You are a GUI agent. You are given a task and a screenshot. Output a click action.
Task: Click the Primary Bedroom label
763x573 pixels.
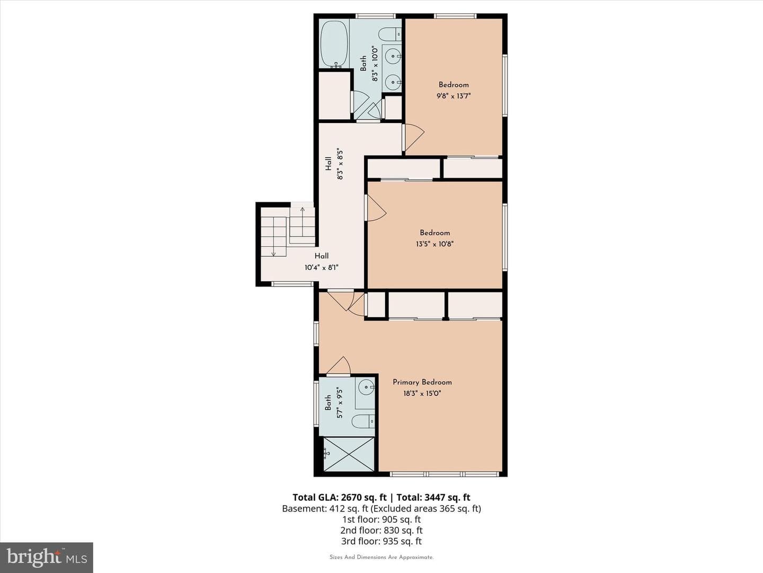[x=422, y=383]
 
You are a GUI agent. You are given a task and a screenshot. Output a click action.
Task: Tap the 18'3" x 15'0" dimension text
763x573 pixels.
[x=422, y=394]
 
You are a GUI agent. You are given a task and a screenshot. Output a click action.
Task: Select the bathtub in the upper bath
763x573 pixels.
[x=334, y=44]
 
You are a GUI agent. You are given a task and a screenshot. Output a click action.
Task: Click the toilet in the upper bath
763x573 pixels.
[x=389, y=34]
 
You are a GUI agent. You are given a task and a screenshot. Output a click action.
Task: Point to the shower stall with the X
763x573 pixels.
[x=349, y=454]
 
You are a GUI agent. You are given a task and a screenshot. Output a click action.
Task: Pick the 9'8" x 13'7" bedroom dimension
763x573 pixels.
[x=454, y=95]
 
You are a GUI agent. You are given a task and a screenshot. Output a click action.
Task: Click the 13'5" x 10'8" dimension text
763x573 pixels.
[x=434, y=244]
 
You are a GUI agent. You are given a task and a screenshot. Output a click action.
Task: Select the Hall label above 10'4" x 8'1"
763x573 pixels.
[x=322, y=256]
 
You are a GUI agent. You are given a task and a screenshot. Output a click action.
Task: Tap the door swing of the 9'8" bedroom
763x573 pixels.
[x=414, y=138]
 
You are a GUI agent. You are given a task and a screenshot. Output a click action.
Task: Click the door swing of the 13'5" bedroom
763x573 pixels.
[x=377, y=208]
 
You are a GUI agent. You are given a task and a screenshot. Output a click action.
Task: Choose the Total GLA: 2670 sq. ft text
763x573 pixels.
[x=340, y=497]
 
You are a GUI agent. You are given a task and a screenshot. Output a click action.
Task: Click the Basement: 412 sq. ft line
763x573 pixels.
[x=381, y=509]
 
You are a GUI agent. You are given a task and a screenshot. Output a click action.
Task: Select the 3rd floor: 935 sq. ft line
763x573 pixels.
[x=381, y=541]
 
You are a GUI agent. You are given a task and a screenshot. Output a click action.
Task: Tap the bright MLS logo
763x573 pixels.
[x=47, y=557]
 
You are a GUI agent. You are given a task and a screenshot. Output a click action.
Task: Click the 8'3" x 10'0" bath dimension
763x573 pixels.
[x=375, y=64]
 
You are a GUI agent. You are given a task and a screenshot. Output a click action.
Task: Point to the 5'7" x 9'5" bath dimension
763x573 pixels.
[x=340, y=403]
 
